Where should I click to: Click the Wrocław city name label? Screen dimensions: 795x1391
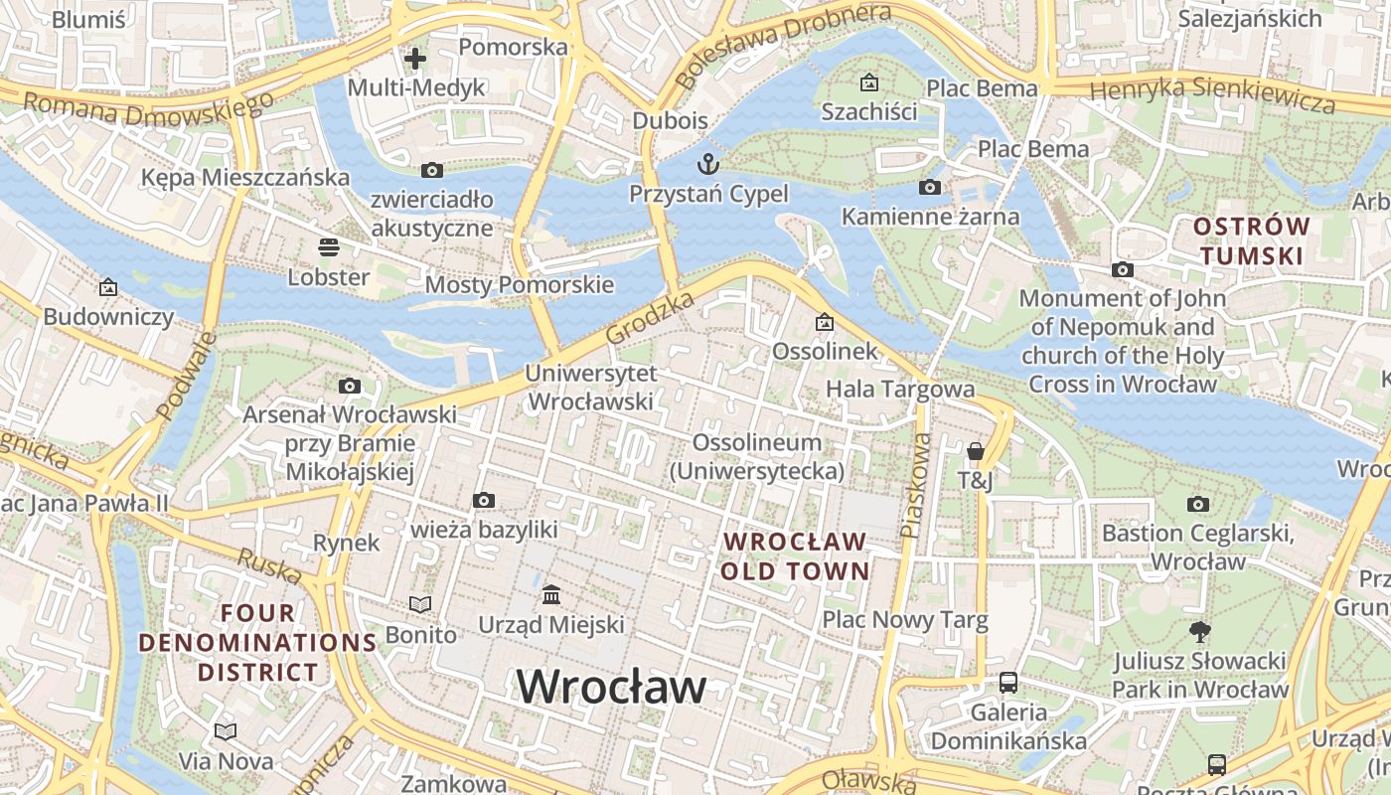point(611,687)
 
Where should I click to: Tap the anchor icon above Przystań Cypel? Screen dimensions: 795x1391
point(708,163)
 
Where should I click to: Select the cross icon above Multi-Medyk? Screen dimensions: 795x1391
point(415,59)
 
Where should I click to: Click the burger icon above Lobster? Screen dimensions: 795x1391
point(329,246)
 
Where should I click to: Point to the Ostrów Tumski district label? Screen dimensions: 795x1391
point(1251,240)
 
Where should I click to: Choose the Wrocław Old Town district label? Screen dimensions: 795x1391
point(795,556)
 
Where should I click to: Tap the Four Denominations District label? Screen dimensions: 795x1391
point(257,642)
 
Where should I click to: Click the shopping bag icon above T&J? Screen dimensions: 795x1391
point(976,451)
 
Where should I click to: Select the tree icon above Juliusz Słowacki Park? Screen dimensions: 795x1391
point(1200,630)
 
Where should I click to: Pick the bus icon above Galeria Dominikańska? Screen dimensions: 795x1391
point(1008,683)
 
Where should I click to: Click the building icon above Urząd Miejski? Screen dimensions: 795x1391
point(551,595)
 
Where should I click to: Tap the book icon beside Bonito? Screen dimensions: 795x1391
point(420,604)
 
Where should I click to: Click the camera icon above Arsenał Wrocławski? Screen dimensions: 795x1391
point(349,386)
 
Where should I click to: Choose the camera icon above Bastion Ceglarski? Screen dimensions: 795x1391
point(1198,504)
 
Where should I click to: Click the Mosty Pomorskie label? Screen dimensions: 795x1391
point(520,285)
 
